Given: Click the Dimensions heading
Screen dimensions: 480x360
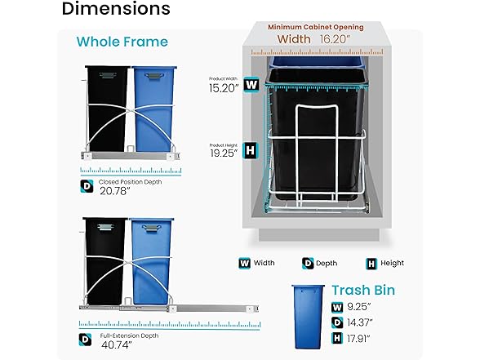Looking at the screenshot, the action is coord(116,8).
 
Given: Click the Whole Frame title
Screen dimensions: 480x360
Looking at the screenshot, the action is coord(122,42).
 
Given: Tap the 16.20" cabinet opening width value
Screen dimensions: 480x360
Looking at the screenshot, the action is coord(336,39).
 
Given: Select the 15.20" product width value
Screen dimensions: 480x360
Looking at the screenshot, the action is coord(224,88).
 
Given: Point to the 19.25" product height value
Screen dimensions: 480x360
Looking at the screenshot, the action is coord(224,153).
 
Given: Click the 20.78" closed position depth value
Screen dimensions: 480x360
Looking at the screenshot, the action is coord(115,191).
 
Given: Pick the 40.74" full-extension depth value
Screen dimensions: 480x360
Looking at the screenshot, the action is coord(116,344).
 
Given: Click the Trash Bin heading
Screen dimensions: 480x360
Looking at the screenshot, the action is coord(363,291).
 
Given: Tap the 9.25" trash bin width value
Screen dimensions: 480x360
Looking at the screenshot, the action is coord(359,306).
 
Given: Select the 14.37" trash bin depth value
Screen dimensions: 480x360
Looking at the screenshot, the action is coord(360,322).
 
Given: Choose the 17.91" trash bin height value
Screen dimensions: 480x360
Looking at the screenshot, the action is coord(359,339).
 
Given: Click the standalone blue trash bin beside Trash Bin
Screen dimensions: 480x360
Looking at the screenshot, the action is coord(308,317).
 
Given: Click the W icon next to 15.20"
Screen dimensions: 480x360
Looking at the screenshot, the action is coord(251,85).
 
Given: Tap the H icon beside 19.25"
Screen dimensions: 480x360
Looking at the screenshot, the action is coord(251,150).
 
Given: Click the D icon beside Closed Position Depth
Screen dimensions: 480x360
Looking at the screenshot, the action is coord(87,186).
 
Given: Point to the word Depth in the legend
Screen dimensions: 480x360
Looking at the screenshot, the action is coord(327,263).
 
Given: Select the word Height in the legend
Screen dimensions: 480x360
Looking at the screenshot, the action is coord(392,263).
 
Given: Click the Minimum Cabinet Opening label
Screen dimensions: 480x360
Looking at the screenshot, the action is coord(316,27).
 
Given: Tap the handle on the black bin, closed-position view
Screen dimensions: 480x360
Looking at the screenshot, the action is coord(108,75).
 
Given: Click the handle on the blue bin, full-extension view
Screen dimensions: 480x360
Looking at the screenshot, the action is coord(151,228).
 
